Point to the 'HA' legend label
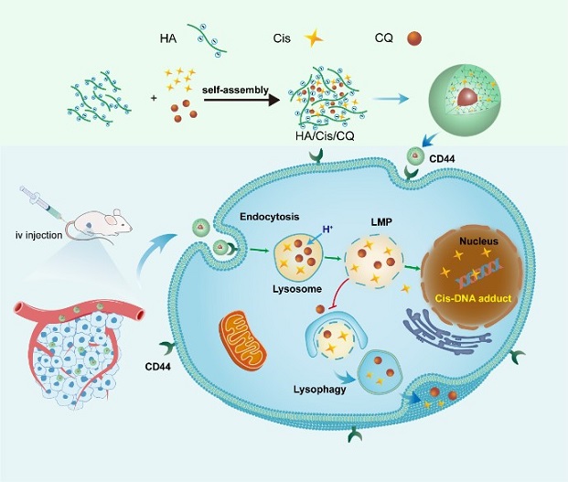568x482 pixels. [169, 37]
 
